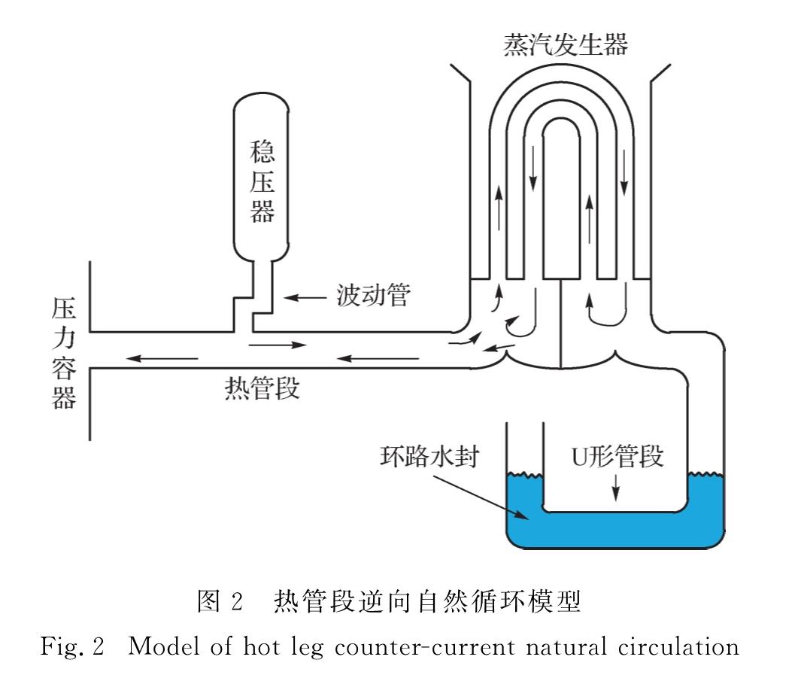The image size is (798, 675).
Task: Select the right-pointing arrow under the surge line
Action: [279, 345]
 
